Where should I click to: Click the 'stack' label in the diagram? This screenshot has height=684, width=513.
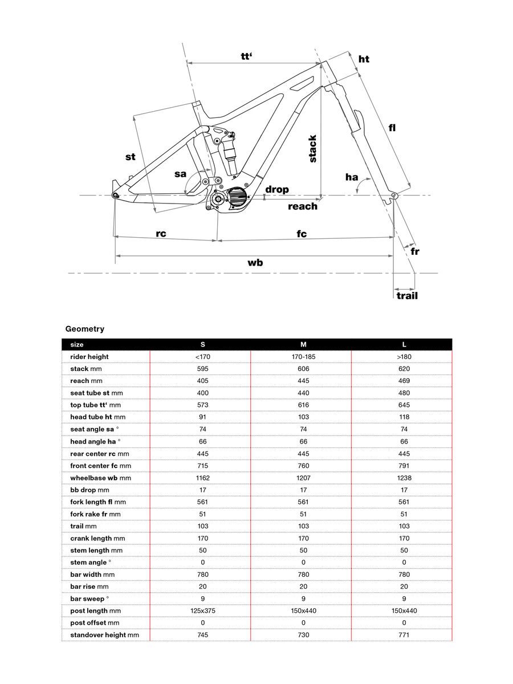click(x=312, y=148)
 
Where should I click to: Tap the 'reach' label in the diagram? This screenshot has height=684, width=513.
click(x=302, y=206)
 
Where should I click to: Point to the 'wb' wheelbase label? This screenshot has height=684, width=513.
click(x=255, y=263)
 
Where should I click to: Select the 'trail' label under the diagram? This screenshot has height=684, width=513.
click(x=407, y=296)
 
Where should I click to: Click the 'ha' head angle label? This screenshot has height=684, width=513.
click(x=352, y=177)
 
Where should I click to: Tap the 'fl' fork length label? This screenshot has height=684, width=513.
click(x=392, y=128)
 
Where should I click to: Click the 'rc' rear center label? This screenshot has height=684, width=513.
click(x=161, y=234)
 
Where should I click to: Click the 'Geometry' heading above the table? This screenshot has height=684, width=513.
click(x=85, y=329)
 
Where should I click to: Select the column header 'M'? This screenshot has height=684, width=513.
click(x=303, y=345)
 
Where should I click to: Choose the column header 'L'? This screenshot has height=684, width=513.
click(x=404, y=345)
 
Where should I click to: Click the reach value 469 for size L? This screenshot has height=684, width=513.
click(x=404, y=381)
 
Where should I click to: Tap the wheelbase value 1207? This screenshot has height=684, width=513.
click(x=303, y=478)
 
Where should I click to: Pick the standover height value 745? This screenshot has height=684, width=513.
click(x=202, y=634)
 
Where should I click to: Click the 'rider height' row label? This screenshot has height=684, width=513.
click(x=89, y=357)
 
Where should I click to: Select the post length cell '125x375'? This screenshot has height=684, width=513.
click(x=202, y=610)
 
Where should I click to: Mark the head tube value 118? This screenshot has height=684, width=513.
click(x=404, y=417)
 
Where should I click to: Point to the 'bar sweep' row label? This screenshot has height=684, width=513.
click(x=88, y=598)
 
